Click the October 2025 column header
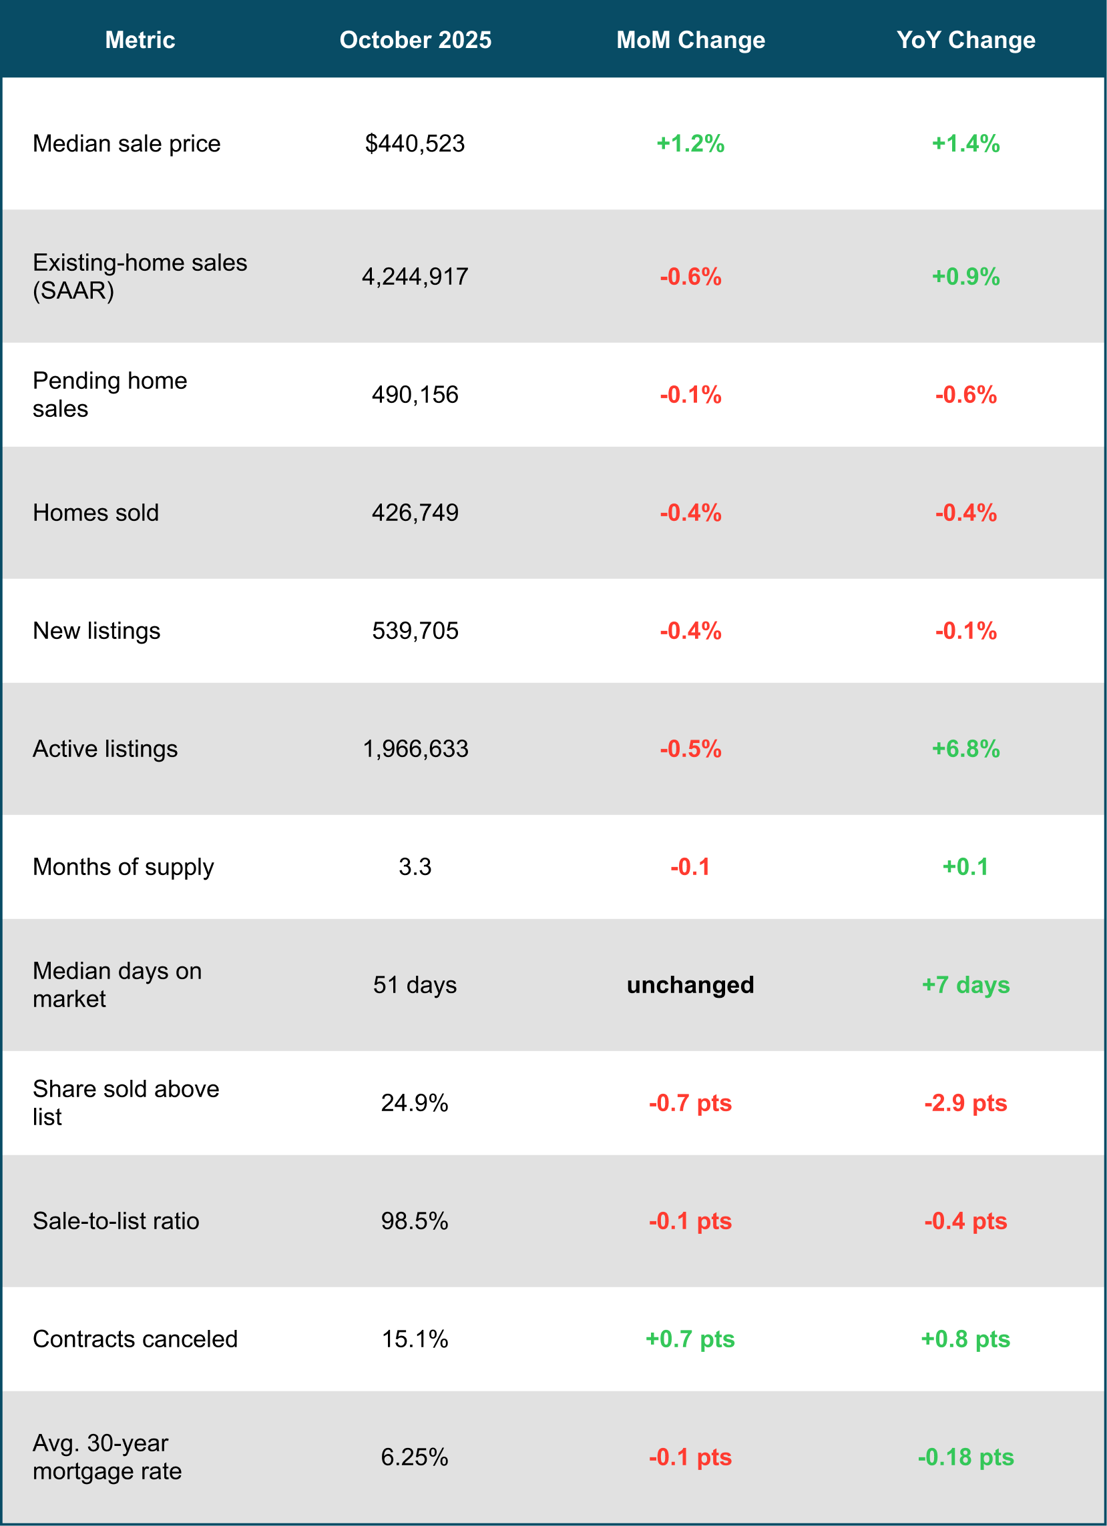(415, 40)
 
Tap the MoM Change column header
(690, 40)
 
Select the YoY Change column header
(965, 40)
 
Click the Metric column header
(140, 40)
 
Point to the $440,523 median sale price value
(415, 143)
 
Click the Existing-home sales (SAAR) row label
(140, 277)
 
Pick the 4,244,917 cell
(415, 277)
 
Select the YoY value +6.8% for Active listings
(965, 749)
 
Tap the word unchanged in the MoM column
(690, 985)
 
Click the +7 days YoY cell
(965, 985)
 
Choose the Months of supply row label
(124, 866)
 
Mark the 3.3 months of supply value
(415, 866)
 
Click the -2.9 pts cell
(965, 1102)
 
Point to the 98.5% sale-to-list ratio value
(415, 1221)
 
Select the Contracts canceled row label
(135, 1339)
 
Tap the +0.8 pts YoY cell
(965, 1339)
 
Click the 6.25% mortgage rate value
(415, 1457)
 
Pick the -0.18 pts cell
(965, 1457)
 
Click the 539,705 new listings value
(415, 630)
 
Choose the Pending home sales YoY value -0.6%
(965, 394)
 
